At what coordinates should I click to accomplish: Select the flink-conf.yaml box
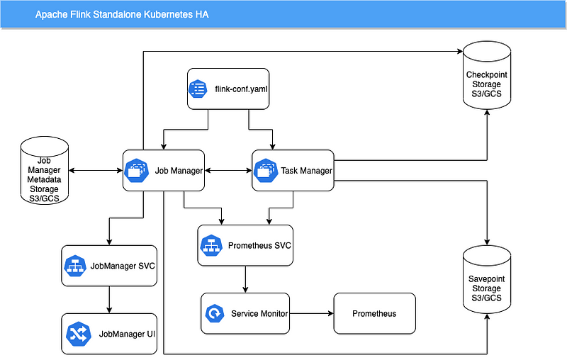228,89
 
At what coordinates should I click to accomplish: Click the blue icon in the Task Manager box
265,170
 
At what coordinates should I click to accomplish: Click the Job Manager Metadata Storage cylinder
45,171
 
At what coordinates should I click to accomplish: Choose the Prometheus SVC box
245,245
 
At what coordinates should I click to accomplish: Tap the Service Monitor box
245,313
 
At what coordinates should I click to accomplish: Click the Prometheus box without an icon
374,313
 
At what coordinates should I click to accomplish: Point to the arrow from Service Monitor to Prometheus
312,313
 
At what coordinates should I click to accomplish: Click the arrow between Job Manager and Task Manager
228,171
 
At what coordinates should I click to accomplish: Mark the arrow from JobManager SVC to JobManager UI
108,300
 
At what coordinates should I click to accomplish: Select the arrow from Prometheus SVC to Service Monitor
245,279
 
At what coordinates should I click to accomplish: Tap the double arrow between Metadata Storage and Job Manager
96,171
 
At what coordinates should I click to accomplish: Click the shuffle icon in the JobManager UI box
76,333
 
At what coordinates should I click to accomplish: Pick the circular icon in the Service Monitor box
213,313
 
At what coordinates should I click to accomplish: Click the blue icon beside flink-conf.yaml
198,89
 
